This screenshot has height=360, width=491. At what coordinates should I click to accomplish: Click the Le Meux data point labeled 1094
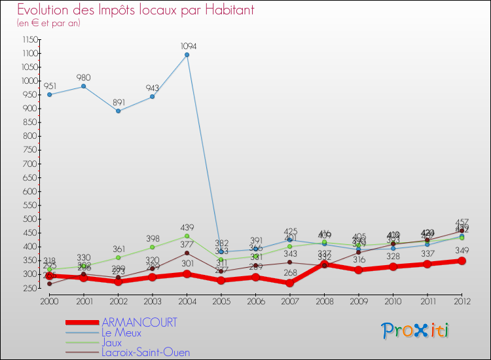(x=187, y=55)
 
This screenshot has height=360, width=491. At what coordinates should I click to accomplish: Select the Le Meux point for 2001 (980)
(x=83, y=86)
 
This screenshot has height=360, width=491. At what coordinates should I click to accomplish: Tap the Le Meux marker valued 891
(x=118, y=111)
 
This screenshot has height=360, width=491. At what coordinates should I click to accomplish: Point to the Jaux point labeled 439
(x=187, y=236)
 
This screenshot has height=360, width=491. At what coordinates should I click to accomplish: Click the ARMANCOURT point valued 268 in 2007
(x=289, y=283)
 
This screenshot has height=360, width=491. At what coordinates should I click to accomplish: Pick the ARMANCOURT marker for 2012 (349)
(x=462, y=261)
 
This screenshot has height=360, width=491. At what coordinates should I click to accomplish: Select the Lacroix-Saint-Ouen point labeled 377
(x=187, y=253)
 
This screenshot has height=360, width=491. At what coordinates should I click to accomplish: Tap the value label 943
(x=152, y=88)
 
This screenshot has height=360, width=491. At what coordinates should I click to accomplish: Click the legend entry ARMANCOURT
(x=139, y=323)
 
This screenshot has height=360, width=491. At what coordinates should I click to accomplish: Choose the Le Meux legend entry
(x=121, y=333)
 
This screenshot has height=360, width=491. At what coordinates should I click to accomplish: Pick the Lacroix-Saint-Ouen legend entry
(x=145, y=352)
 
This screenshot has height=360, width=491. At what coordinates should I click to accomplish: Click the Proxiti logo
(x=416, y=330)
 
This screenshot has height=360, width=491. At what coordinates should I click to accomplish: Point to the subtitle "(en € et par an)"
(x=48, y=23)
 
